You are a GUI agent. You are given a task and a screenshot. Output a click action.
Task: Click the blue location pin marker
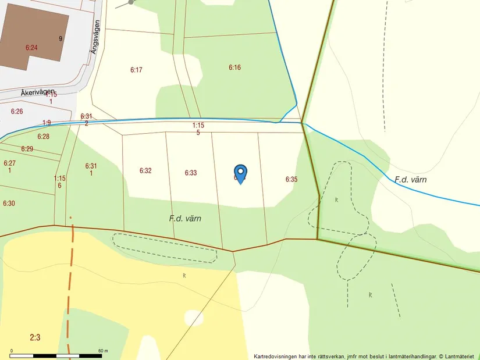[240, 174]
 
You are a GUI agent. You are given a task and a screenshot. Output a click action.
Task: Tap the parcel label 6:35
[291, 179]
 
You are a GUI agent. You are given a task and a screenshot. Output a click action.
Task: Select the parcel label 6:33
[191, 173]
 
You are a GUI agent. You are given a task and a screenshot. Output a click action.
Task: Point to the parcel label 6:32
[145, 170]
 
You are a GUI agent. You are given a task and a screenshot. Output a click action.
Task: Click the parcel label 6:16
[234, 67]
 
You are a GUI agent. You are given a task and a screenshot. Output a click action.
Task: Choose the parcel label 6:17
[136, 70]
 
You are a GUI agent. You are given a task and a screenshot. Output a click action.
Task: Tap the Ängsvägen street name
[96, 37]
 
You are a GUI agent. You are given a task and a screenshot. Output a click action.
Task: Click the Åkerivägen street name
[37, 92]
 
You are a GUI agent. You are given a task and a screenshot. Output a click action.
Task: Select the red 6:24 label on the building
[31, 47]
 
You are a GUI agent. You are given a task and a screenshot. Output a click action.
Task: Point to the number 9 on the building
[60, 39]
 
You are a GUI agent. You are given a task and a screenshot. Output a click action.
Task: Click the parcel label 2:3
[35, 337]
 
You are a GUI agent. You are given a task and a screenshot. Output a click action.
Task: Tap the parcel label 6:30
[9, 204]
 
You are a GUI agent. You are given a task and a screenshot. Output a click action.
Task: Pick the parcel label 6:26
[17, 111]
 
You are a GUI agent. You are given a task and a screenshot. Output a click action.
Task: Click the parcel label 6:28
[44, 137]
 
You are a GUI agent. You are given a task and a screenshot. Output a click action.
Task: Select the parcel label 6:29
[27, 149]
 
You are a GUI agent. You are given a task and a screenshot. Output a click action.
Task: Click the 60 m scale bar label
[104, 351]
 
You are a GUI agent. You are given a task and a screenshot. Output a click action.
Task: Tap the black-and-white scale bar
[56, 355]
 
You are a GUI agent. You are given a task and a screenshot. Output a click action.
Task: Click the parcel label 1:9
[47, 122]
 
